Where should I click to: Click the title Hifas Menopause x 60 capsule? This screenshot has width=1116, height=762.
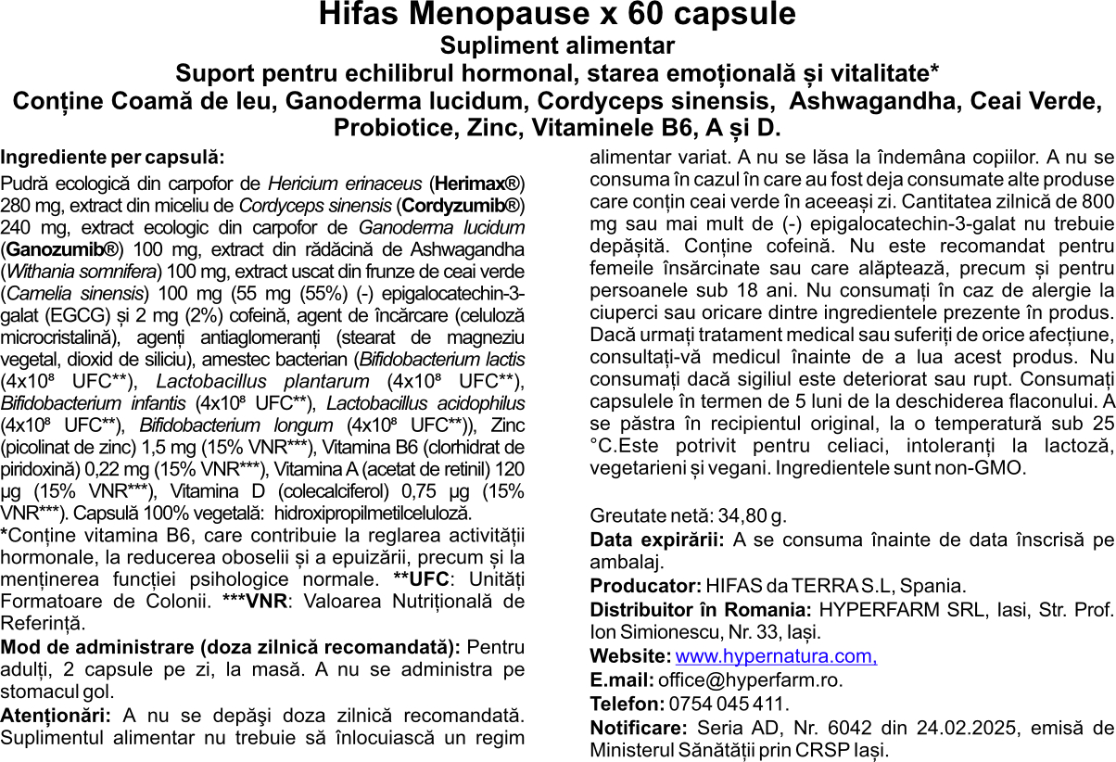pos(557,16)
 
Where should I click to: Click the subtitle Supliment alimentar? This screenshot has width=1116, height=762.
pos(557,45)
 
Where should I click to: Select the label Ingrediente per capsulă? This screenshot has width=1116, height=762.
pos(112,158)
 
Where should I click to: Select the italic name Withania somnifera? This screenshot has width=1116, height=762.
pos(82,272)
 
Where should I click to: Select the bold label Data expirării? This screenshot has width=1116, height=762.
pos(657,540)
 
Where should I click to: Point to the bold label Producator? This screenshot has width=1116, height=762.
pos(645,586)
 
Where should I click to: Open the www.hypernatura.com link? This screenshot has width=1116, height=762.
pos(776,656)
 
